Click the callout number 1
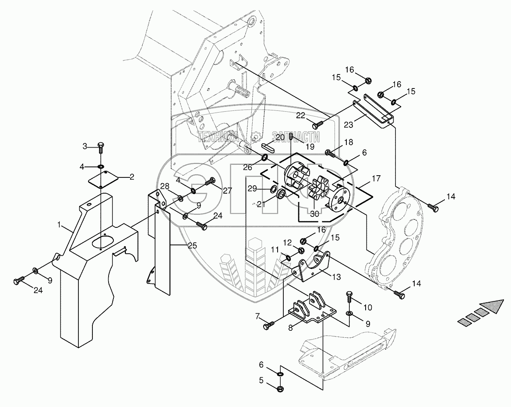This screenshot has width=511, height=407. [60, 225]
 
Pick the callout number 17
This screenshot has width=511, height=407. [376, 179]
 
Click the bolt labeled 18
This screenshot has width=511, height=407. [330, 153]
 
